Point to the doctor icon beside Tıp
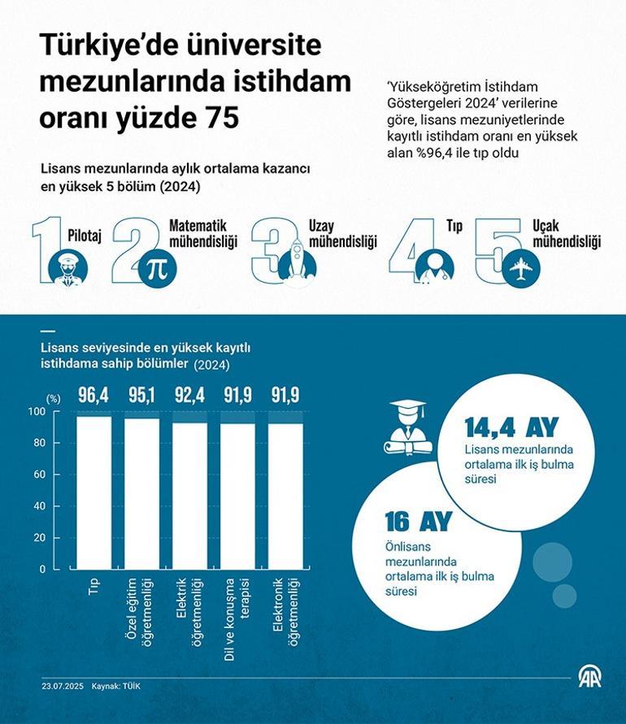point(434,266)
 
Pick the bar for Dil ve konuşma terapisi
point(238,496)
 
